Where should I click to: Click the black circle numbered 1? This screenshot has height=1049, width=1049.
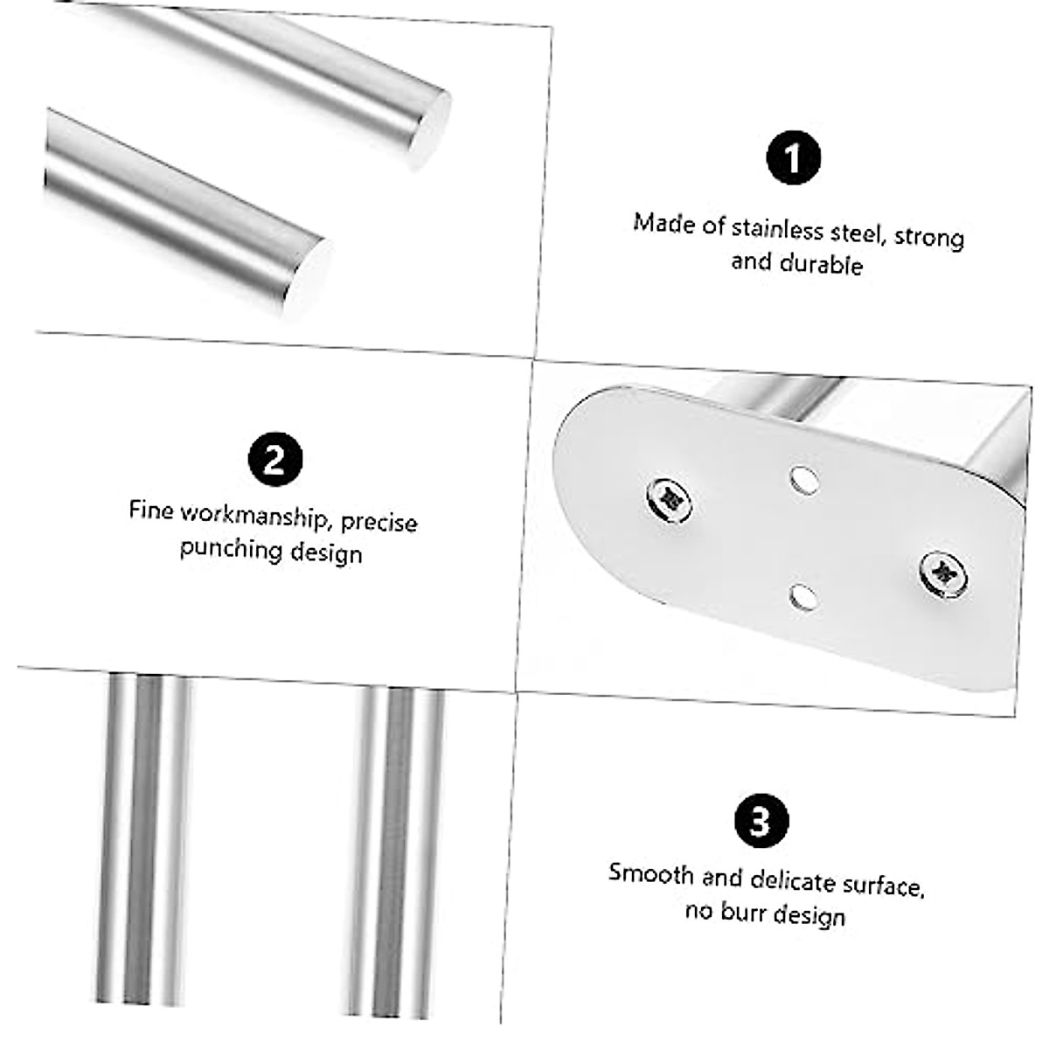point(793,158)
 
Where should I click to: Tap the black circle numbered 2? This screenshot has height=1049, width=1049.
point(275,459)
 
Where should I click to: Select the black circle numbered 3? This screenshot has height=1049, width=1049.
point(761,822)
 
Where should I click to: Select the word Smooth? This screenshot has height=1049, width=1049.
point(651,874)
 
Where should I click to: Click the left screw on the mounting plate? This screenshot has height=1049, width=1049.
point(670,499)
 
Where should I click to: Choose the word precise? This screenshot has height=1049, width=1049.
point(379,522)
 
